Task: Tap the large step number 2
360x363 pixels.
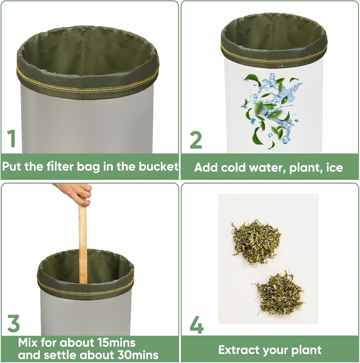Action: pos(196,140)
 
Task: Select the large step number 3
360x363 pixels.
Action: pos(13,323)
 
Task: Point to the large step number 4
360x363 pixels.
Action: pos(196,325)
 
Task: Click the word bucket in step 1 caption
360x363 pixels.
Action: pos(158,167)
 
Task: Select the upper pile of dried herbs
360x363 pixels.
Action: pos(256,242)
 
